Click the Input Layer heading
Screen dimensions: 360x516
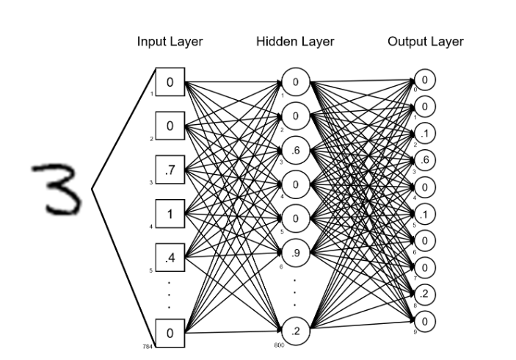point(170,42)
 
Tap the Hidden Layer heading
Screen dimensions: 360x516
point(295,42)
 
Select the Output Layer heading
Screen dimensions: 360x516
point(425,42)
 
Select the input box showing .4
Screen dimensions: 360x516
point(170,258)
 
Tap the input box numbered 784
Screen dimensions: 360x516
point(170,333)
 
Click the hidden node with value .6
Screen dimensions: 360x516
point(295,150)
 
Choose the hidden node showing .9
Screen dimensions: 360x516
point(295,252)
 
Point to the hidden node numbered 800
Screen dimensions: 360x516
point(295,331)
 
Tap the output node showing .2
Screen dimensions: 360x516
point(425,295)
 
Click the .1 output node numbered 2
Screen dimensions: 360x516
point(425,133)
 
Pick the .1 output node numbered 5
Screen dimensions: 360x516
point(425,214)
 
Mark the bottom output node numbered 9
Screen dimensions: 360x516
point(425,320)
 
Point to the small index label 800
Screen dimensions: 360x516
point(279,344)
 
